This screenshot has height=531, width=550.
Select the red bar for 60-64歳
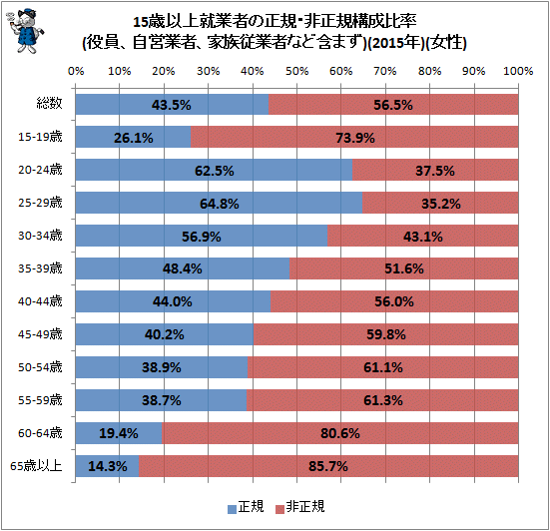[x=339, y=433]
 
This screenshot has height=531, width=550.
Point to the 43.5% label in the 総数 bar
[x=172, y=104]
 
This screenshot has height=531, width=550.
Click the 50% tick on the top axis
[x=296, y=72]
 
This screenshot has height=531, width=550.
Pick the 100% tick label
[x=517, y=72]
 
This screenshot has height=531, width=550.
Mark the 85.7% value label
[x=328, y=466]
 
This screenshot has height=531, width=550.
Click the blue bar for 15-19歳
[x=132, y=137]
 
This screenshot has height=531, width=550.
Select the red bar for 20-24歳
[x=439, y=170]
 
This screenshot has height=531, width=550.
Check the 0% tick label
[x=75, y=72]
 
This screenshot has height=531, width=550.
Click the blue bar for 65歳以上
[x=106, y=466]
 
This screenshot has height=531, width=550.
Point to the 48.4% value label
[x=182, y=268]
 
